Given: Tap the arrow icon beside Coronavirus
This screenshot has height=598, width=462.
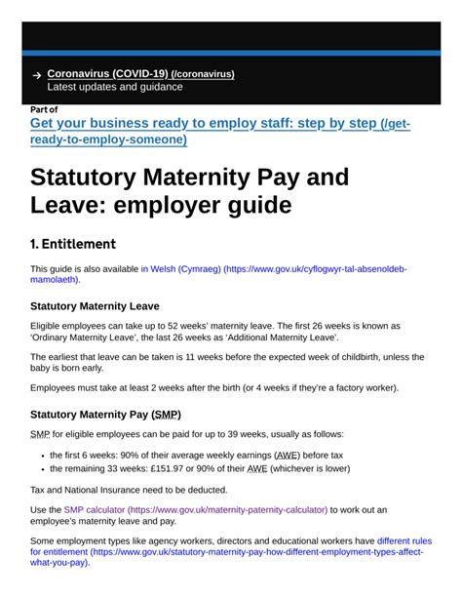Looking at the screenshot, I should coord(36,75).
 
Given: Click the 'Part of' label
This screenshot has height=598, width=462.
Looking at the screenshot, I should coord(44,109).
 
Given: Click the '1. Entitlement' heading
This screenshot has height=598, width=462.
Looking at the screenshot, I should coord(73,244).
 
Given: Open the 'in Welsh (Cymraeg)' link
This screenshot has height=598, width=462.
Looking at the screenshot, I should coord(181,268).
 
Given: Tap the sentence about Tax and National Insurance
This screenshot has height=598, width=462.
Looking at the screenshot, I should coord(129,489).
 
